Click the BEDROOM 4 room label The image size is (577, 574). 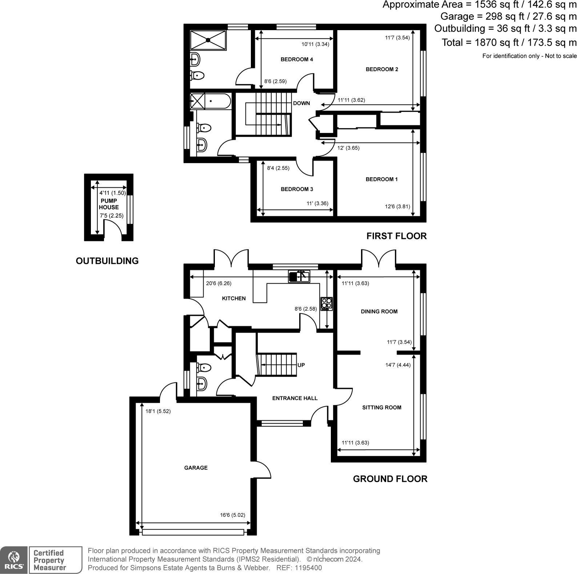point(297,59)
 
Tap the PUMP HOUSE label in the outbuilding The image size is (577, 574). point(109,204)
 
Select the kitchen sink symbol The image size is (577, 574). point(299,277)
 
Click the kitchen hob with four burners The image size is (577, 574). point(326,304)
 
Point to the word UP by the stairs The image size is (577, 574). point(301,365)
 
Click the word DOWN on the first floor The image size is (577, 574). point(301,103)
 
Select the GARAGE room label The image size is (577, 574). point(196,468)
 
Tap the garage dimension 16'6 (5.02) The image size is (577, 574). point(232,515)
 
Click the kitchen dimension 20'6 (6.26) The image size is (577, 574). point(219,283)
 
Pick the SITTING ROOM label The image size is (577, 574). point(381,407)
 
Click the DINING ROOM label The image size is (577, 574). point(379,311)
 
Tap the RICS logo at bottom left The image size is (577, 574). point(13,560)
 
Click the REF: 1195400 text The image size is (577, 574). point(299,568)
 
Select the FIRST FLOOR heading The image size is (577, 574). point(396,236)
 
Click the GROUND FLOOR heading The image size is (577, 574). point(390,479)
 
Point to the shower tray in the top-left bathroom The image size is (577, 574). point(208,40)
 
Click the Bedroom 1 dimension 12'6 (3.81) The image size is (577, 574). point(397,206)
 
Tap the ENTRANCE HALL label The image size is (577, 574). point(295,398)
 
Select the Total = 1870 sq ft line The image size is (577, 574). point(509,42)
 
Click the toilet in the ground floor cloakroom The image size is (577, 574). point(204,368)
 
